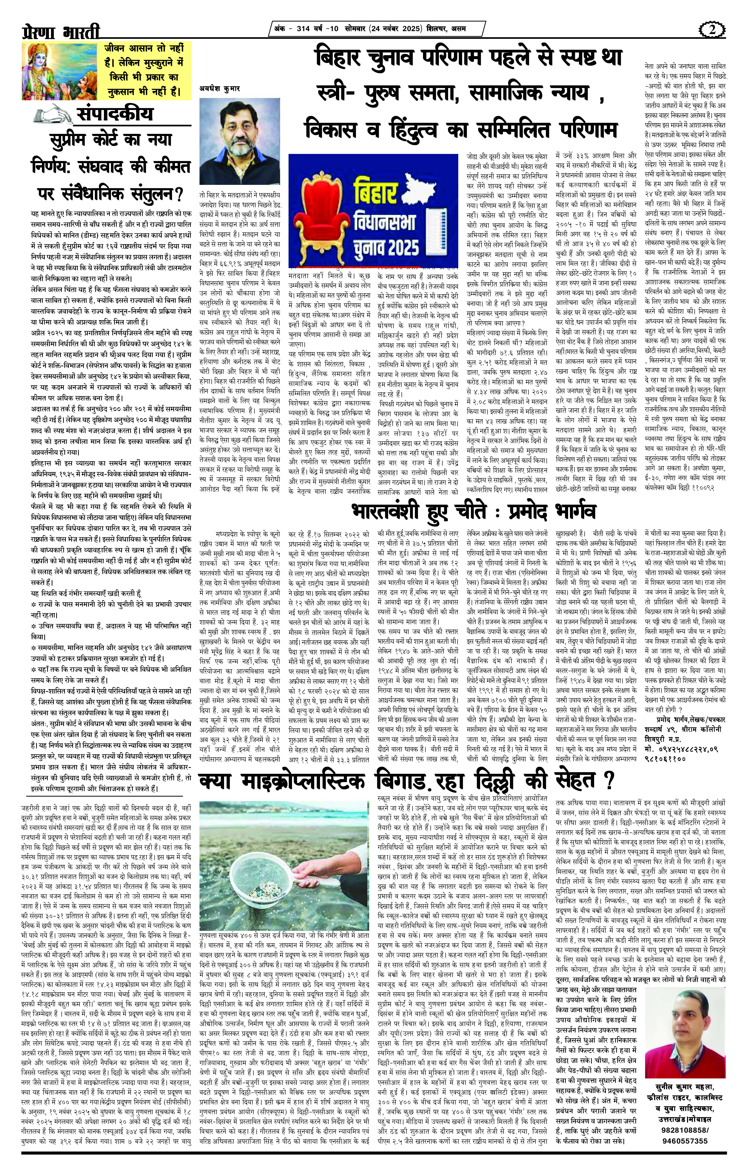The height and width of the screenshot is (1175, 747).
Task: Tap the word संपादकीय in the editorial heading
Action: click(x=115, y=114)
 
